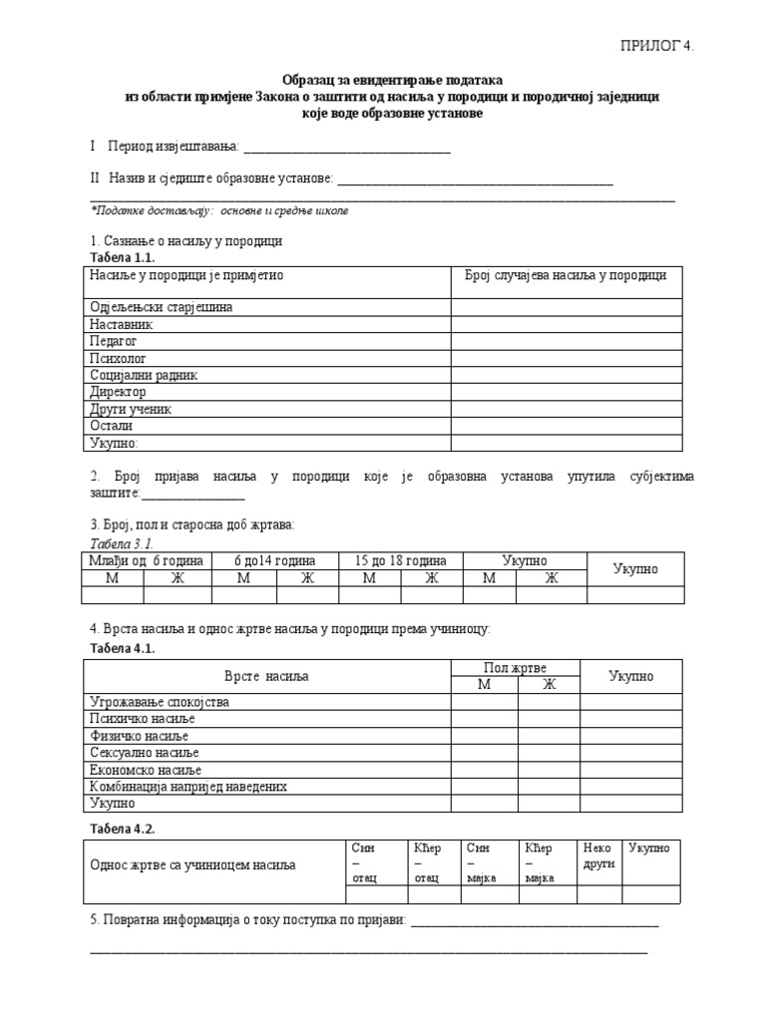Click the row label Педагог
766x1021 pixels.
click(x=114, y=341)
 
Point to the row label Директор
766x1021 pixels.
click(x=118, y=392)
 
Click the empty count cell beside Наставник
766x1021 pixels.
click(x=566, y=324)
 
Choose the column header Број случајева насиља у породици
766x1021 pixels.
click(x=566, y=276)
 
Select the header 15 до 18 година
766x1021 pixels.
click(x=401, y=561)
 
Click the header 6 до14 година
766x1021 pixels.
click(x=274, y=561)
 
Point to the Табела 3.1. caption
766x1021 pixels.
click(x=122, y=543)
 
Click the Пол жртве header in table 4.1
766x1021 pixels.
click(x=515, y=668)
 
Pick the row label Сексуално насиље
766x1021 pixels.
click(x=146, y=753)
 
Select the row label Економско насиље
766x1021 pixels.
click(x=146, y=770)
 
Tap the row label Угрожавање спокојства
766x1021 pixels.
click(x=160, y=702)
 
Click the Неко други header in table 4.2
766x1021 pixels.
click(x=598, y=855)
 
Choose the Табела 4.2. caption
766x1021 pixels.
click(x=122, y=829)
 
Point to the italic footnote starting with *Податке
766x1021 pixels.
click(x=219, y=211)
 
